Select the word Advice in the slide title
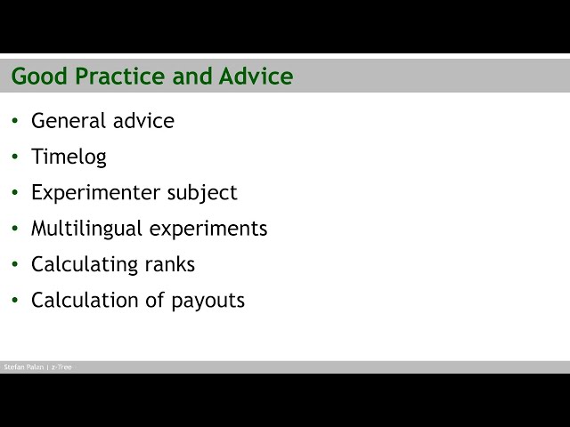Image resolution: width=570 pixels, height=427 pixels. (256, 77)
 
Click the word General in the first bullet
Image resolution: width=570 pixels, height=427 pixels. (67, 121)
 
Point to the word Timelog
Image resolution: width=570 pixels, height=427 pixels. (69, 157)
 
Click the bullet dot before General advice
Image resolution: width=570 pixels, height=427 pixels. (15, 121)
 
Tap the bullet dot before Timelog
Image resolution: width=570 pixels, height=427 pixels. (15, 157)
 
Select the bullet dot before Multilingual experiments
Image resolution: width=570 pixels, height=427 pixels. (15, 228)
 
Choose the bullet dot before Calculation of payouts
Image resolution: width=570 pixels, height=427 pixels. (15, 300)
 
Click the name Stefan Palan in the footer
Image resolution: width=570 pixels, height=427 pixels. (23, 367)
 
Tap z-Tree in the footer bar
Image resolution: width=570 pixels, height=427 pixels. (61, 367)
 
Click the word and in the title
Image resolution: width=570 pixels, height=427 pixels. (192, 77)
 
